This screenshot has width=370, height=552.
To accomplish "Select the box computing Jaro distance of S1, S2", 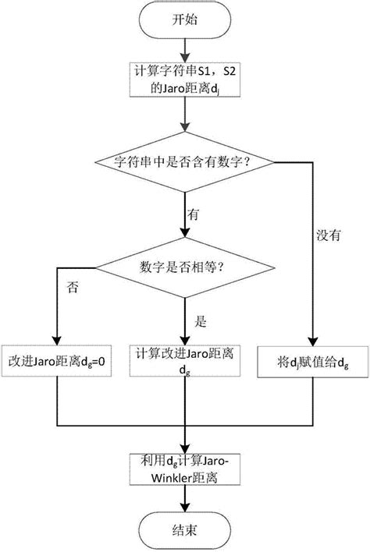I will (x=184, y=81).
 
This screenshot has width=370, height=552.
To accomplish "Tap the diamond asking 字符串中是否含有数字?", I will (x=184, y=162).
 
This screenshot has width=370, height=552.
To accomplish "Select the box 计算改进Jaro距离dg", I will (x=184, y=363).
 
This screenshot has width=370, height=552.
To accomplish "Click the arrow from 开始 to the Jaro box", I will (x=184, y=51).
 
